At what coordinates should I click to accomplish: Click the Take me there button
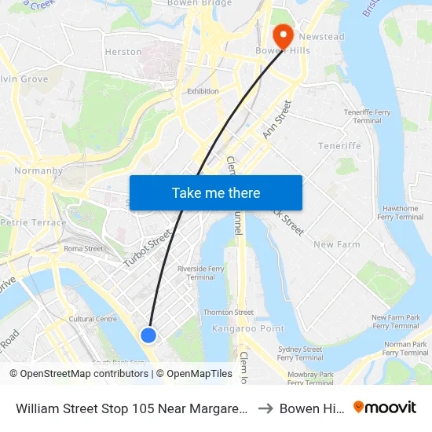click(x=216, y=193)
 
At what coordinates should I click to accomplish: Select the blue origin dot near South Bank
click(x=148, y=335)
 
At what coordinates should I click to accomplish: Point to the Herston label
click(x=123, y=52)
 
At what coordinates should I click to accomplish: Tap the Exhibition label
click(x=203, y=92)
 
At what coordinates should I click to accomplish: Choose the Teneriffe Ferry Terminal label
click(x=367, y=117)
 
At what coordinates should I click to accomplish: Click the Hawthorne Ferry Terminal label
click(x=400, y=213)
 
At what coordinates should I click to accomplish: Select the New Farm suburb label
click(x=336, y=244)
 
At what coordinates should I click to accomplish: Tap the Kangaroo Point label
click(x=236, y=328)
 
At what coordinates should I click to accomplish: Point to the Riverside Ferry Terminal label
click(x=201, y=273)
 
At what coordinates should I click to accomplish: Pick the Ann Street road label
click(x=277, y=120)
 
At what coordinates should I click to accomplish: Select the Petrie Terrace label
click(x=34, y=222)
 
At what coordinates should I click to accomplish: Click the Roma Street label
click(x=83, y=249)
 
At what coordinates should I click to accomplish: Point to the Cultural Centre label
click(x=93, y=319)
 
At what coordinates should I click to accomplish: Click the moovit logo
click(x=384, y=408)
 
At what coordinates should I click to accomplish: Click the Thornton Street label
click(x=229, y=313)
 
